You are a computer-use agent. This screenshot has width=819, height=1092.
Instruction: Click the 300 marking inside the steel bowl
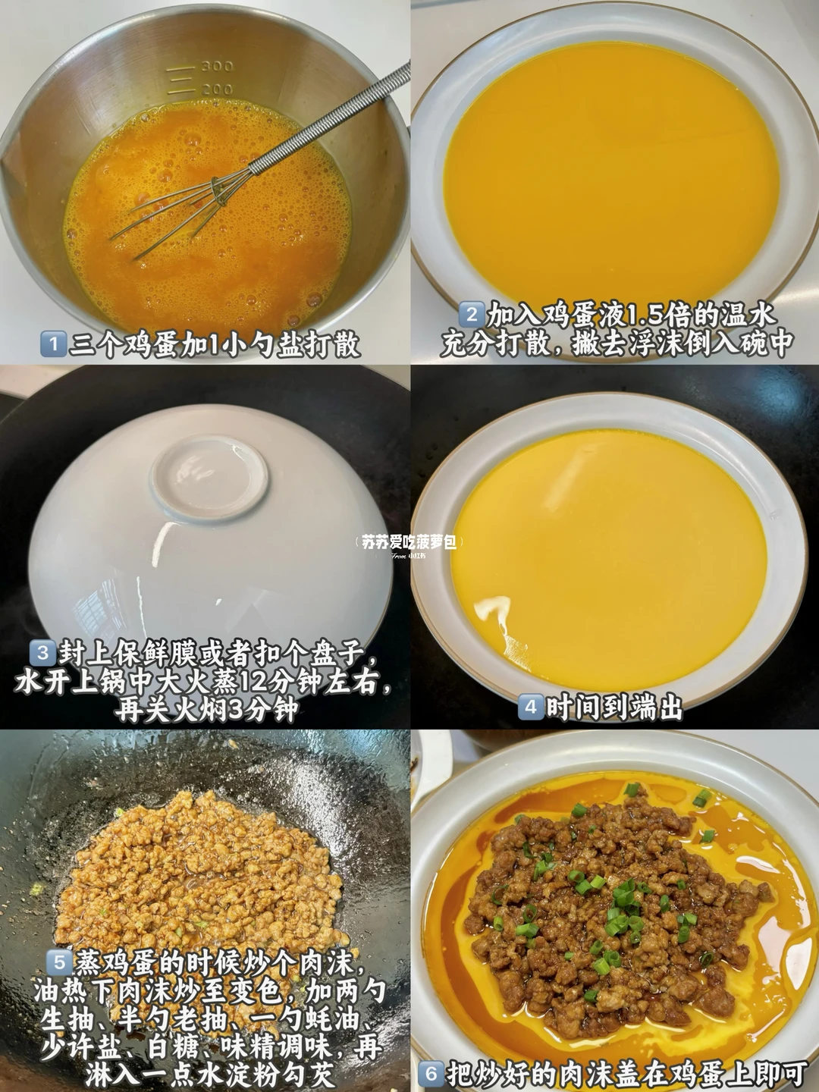coord(218,66)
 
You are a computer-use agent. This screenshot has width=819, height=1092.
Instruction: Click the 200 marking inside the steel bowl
coord(218,89)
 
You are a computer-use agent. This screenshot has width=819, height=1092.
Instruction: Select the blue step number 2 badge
coord(470,315)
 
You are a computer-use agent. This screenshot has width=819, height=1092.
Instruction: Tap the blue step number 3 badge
coord(42,653)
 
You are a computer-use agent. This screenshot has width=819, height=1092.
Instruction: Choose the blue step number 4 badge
coord(530,707)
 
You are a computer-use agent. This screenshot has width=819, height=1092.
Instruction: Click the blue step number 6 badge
coord(431,1073)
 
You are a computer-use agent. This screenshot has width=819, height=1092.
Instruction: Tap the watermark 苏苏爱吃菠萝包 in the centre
coord(409,541)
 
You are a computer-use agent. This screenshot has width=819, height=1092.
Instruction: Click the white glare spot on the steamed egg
coord(491,609)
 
